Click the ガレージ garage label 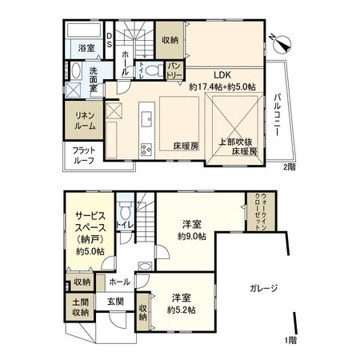(x=262, y=288)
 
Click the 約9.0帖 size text (x=193, y=237)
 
